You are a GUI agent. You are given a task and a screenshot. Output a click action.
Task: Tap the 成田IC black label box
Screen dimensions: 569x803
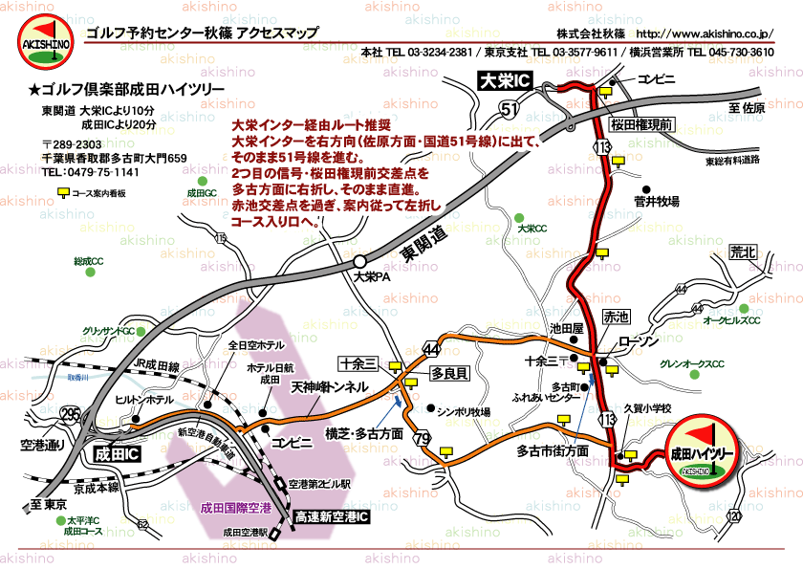(114, 454)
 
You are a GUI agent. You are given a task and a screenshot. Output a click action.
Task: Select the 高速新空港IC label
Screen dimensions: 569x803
(332, 516)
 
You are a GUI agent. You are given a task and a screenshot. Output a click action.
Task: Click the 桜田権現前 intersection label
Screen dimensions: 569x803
(642, 124)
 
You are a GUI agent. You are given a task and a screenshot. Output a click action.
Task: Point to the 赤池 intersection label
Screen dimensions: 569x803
(617, 317)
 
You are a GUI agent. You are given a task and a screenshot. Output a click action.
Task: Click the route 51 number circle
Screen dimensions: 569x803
(510, 112)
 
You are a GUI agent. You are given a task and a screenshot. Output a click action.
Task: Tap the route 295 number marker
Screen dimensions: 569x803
(70, 413)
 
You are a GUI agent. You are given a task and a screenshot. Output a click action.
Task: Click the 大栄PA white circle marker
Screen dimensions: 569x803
(359, 261)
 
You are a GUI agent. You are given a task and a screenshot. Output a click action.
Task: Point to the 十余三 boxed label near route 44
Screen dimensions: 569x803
(360, 362)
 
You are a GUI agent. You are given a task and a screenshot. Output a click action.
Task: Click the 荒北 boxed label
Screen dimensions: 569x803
(742, 252)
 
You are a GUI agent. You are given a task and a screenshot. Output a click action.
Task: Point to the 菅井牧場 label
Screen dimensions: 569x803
(656, 202)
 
